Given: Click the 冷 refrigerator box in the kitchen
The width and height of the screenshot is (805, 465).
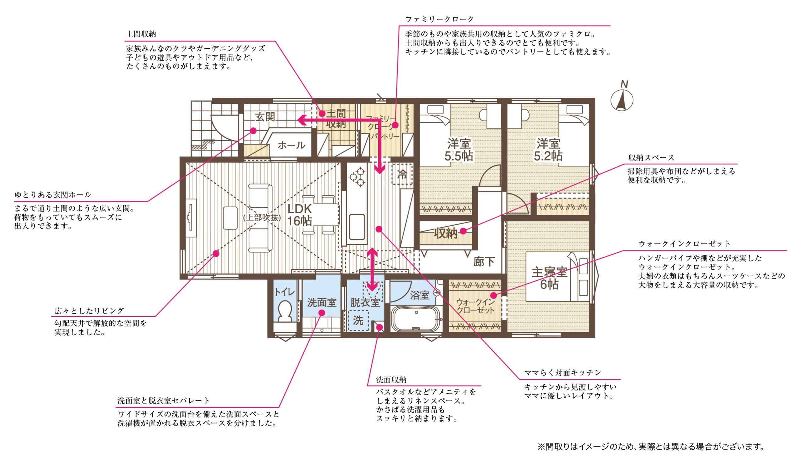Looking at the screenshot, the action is [x=402, y=174].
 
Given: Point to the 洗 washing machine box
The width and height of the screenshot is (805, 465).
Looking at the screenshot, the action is [x=358, y=320].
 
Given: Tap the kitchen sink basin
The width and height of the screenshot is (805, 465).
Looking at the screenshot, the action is [x=357, y=227].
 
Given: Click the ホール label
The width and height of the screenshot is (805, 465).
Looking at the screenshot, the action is [x=291, y=146].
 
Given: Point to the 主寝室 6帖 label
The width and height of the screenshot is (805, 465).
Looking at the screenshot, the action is [x=549, y=278].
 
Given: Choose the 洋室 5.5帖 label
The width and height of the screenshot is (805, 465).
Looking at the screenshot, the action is [x=459, y=149].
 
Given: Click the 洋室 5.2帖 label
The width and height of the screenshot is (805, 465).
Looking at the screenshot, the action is [x=548, y=149].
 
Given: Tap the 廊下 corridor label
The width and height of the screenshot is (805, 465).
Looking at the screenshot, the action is [x=484, y=262].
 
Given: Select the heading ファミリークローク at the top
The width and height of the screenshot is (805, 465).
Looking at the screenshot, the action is [x=440, y=19].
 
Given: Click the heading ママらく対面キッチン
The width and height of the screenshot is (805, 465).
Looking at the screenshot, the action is [x=563, y=373].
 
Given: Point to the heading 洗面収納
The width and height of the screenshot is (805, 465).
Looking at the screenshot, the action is [x=391, y=380].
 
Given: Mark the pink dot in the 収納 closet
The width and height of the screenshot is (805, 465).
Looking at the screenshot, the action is [x=463, y=231].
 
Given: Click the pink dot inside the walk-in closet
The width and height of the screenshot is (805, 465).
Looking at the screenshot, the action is [x=493, y=295].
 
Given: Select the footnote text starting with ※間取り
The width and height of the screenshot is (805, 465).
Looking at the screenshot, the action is [x=651, y=447].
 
